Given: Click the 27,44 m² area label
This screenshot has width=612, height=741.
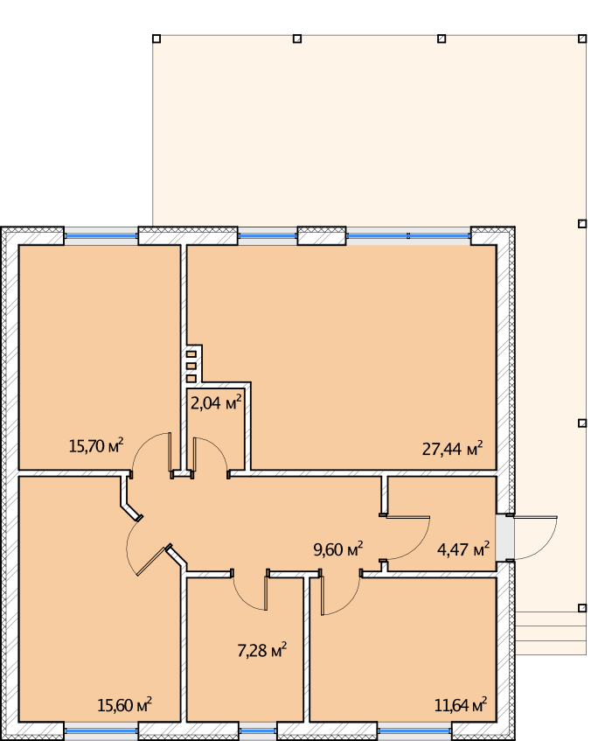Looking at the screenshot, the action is click(452, 448).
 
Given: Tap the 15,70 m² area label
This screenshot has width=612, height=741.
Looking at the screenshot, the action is click(96, 445).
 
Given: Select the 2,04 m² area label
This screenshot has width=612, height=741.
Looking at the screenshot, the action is click(216, 402).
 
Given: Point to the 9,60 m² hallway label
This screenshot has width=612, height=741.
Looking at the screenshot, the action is click(338, 549).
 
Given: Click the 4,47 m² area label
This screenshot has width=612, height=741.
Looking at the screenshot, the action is click(463, 549).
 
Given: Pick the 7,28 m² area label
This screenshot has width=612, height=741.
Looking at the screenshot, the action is click(261, 650).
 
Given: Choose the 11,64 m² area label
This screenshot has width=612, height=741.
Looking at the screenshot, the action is click(461, 705).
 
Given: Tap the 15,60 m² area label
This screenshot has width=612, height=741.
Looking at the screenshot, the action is click(124, 705).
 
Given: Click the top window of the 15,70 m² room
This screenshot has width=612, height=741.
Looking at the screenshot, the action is click(101, 236).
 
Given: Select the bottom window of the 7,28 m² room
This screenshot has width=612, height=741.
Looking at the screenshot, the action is click(258, 731).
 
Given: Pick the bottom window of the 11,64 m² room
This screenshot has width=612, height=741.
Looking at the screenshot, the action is click(414, 731).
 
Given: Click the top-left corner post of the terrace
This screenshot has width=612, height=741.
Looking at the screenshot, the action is click(156, 38).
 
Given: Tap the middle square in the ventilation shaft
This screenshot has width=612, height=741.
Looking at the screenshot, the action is click(191, 367).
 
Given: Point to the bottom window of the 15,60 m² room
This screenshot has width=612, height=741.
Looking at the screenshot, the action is click(101, 731).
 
